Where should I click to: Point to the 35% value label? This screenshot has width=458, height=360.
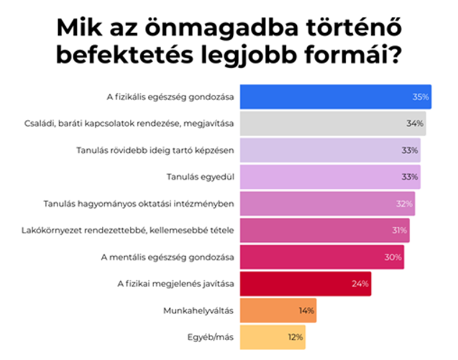[x=421, y=97]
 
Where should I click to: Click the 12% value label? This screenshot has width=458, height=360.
[x=294, y=337]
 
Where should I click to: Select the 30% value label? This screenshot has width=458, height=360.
[x=393, y=257]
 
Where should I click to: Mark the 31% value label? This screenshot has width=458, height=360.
[x=399, y=231]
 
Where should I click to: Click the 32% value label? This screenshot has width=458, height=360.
[x=404, y=204]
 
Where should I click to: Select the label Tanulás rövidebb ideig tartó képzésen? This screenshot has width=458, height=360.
[x=155, y=150]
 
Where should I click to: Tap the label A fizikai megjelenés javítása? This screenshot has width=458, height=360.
[x=176, y=284]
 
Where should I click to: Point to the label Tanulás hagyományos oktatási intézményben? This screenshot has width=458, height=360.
[x=139, y=204]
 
